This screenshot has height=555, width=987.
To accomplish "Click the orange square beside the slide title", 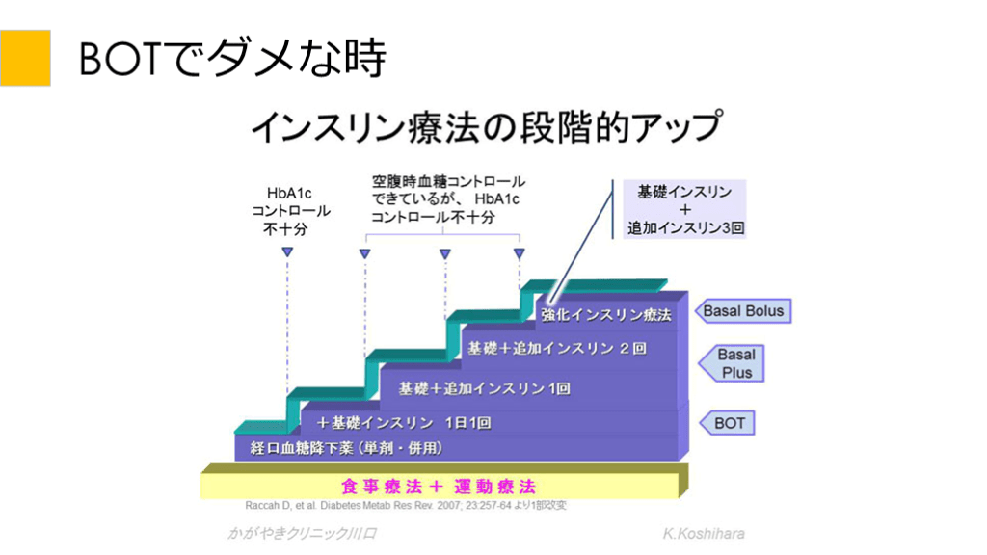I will point(25,57).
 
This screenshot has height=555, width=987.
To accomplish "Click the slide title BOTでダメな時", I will point(231,58).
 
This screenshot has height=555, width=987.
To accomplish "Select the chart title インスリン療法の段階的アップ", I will point(487,126).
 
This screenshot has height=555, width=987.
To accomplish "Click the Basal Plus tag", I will point(736,363).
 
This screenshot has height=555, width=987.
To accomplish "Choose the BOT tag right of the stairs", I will point(730,423).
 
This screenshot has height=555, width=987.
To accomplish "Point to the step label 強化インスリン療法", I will point(605,314).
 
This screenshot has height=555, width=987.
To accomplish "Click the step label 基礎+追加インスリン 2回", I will point(556,348).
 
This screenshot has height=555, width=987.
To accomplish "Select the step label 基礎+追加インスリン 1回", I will point(484,388).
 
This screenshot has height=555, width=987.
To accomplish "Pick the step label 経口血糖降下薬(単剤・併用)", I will point(346,448).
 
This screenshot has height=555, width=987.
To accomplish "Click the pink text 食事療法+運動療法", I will point(439,485).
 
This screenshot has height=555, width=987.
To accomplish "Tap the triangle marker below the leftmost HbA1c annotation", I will point(287,252).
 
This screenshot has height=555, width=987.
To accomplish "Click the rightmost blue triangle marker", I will point(520,253).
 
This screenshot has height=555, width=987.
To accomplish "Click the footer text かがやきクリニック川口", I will point(302,533).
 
